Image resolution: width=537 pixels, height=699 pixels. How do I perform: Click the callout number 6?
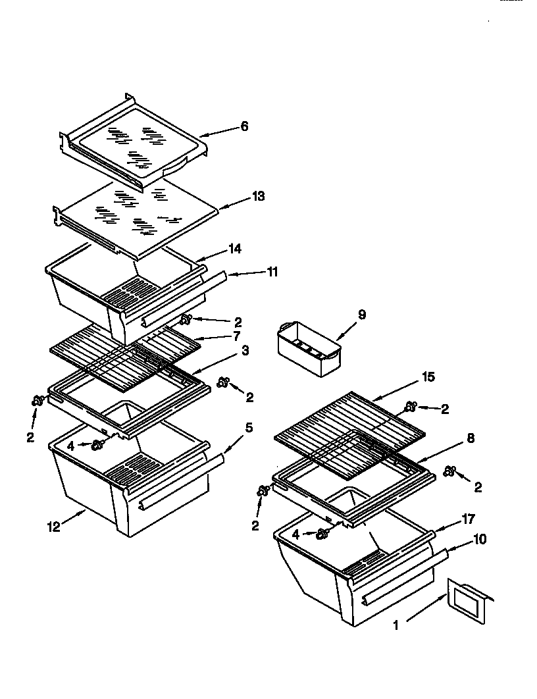244,126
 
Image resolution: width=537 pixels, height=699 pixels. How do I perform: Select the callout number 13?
258,196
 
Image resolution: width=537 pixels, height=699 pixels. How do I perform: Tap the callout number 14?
235,248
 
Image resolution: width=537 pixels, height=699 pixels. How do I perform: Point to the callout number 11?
272,271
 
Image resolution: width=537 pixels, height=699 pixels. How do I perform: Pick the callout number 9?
361,315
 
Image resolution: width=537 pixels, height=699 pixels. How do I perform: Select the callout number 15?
428,377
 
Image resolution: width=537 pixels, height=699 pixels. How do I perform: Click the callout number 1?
396,626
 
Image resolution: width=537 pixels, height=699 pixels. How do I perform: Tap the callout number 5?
249,427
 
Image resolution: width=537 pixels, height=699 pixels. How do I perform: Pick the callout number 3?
245,351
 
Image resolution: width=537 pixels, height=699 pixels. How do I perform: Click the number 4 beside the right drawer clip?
296,535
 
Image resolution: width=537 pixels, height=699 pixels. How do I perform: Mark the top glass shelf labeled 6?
135,142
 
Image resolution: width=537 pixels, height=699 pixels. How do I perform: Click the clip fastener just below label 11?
186,320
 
